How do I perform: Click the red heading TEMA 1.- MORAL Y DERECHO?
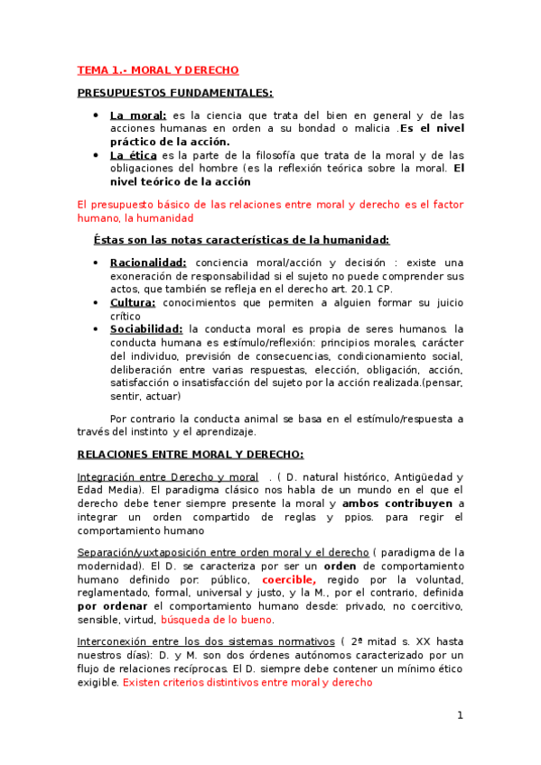click(157, 69)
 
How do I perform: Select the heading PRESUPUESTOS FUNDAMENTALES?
click(175, 93)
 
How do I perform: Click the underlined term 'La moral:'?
click(138, 115)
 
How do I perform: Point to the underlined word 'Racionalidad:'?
click(148, 262)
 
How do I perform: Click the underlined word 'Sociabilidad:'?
click(147, 329)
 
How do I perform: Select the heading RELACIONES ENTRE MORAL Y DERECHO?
click(191, 455)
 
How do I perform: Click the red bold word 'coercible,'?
click(289, 579)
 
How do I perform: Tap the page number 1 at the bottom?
click(460, 715)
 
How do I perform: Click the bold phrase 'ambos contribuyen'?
click(403, 503)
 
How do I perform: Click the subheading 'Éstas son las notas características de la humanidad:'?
click(241, 240)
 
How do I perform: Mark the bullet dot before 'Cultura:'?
click(98, 303)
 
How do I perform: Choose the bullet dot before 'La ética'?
click(98, 155)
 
